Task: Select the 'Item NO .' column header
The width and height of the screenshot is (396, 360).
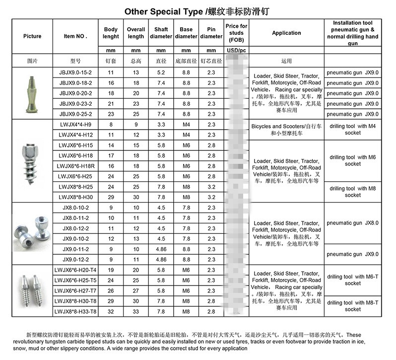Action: tap(75, 36)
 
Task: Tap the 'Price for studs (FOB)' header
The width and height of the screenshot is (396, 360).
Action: tap(236, 33)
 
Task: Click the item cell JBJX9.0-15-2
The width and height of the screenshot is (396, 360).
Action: tap(75, 72)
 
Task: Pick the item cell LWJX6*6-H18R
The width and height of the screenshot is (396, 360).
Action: tap(75, 166)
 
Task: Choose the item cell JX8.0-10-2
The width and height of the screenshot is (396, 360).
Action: tap(75, 208)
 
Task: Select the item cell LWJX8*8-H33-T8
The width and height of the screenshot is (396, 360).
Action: tap(75, 311)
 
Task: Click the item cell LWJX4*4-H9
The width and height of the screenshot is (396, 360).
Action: tap(75, 125)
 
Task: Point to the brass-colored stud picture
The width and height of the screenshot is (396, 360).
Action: tap(31, 92)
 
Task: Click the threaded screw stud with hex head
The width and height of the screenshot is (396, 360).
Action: tap(32, 161)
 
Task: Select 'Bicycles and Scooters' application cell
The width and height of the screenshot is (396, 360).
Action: tap(286, 130)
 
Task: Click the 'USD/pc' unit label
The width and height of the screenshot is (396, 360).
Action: tap(236, 51)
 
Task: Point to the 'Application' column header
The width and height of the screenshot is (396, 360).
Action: tap(286, 33)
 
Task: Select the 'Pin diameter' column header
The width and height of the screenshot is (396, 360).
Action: tap(211, 33)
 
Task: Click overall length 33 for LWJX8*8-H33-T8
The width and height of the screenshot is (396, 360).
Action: tap(135, 311)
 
